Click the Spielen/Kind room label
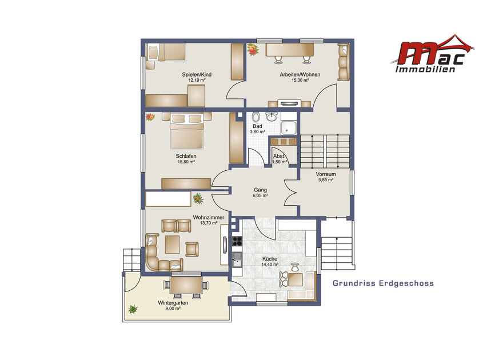[x=197, y=74]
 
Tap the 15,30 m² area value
[x=300, y=81]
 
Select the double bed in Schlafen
[x=186, y=131]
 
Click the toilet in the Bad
[x=256, y=117]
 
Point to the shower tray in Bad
[x=288, y=127]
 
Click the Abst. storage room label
[x=279, y=157]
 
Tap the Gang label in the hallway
[x=260, y=190]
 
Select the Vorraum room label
[x=326, y=174]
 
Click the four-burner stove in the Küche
[x=237, y=241]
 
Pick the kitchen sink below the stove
[x=237, y=259]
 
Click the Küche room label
[x=270, y=259]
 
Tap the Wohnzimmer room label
[x=209, y=218]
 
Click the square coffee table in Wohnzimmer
[x=172, y=245]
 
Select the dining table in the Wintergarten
[x=186, y=285]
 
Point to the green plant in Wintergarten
[x=133, y=309]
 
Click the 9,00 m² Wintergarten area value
[x=173, y=309]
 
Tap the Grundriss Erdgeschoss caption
[x=383, y=283]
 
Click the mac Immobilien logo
[x=432, y=53]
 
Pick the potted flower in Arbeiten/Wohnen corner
[x=253, y=50]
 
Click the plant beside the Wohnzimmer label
[x=198, y=198]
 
